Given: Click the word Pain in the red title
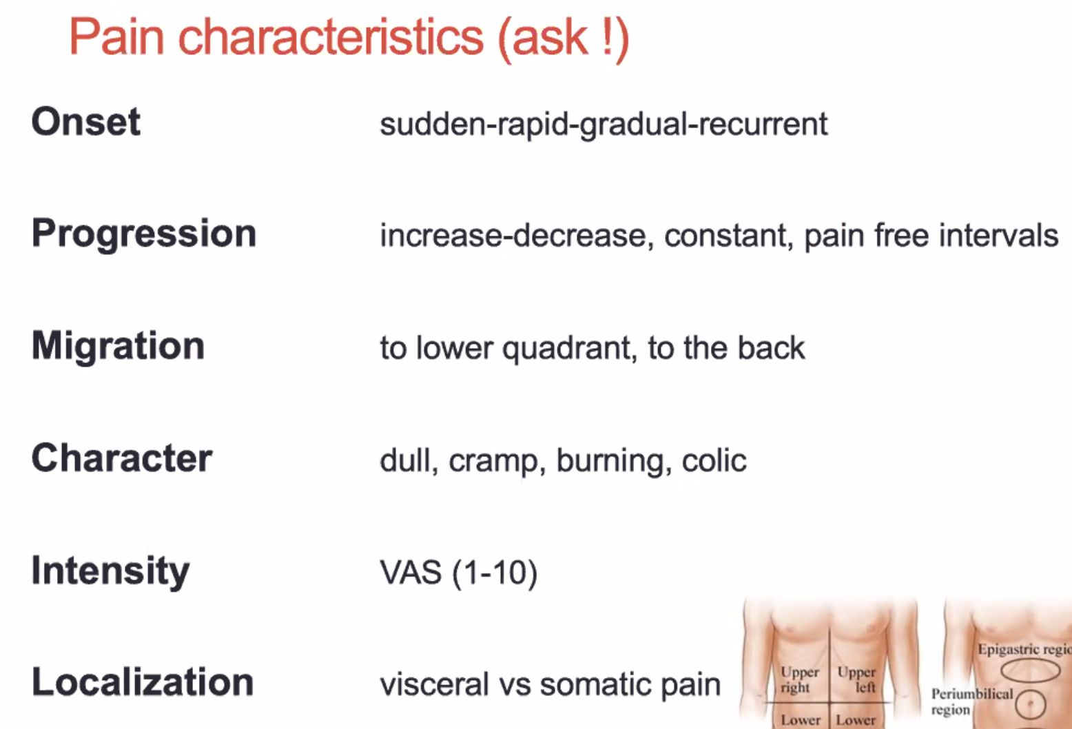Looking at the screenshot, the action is pyautogui.click(x=117, y=37).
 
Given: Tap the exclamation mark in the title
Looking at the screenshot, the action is pyautogui.click(x=607, y=37).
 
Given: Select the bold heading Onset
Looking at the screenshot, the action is pyautogui.click(x=86, y=121).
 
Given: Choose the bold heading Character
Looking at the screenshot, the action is pyautogui.click(x=122, y=458).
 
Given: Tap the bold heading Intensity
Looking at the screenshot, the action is pyautogui.click(x=110, y=572).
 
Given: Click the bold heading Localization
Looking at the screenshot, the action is pyautogui.click(x=143, y=681).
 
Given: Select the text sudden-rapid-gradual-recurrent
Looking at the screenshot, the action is pyautogui.click(x=604, y=125).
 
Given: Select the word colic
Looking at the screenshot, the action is pyautogui.click(x=714, y=460).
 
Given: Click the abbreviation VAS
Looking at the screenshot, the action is pyautogui.click(x=411, y=573).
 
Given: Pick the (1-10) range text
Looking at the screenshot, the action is pyautogui.click(x=495, y=573).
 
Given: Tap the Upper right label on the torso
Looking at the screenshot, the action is pyautogui.click(x=800, y=679).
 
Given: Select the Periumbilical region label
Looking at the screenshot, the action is pyautogui.click(x=971, y=701).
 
